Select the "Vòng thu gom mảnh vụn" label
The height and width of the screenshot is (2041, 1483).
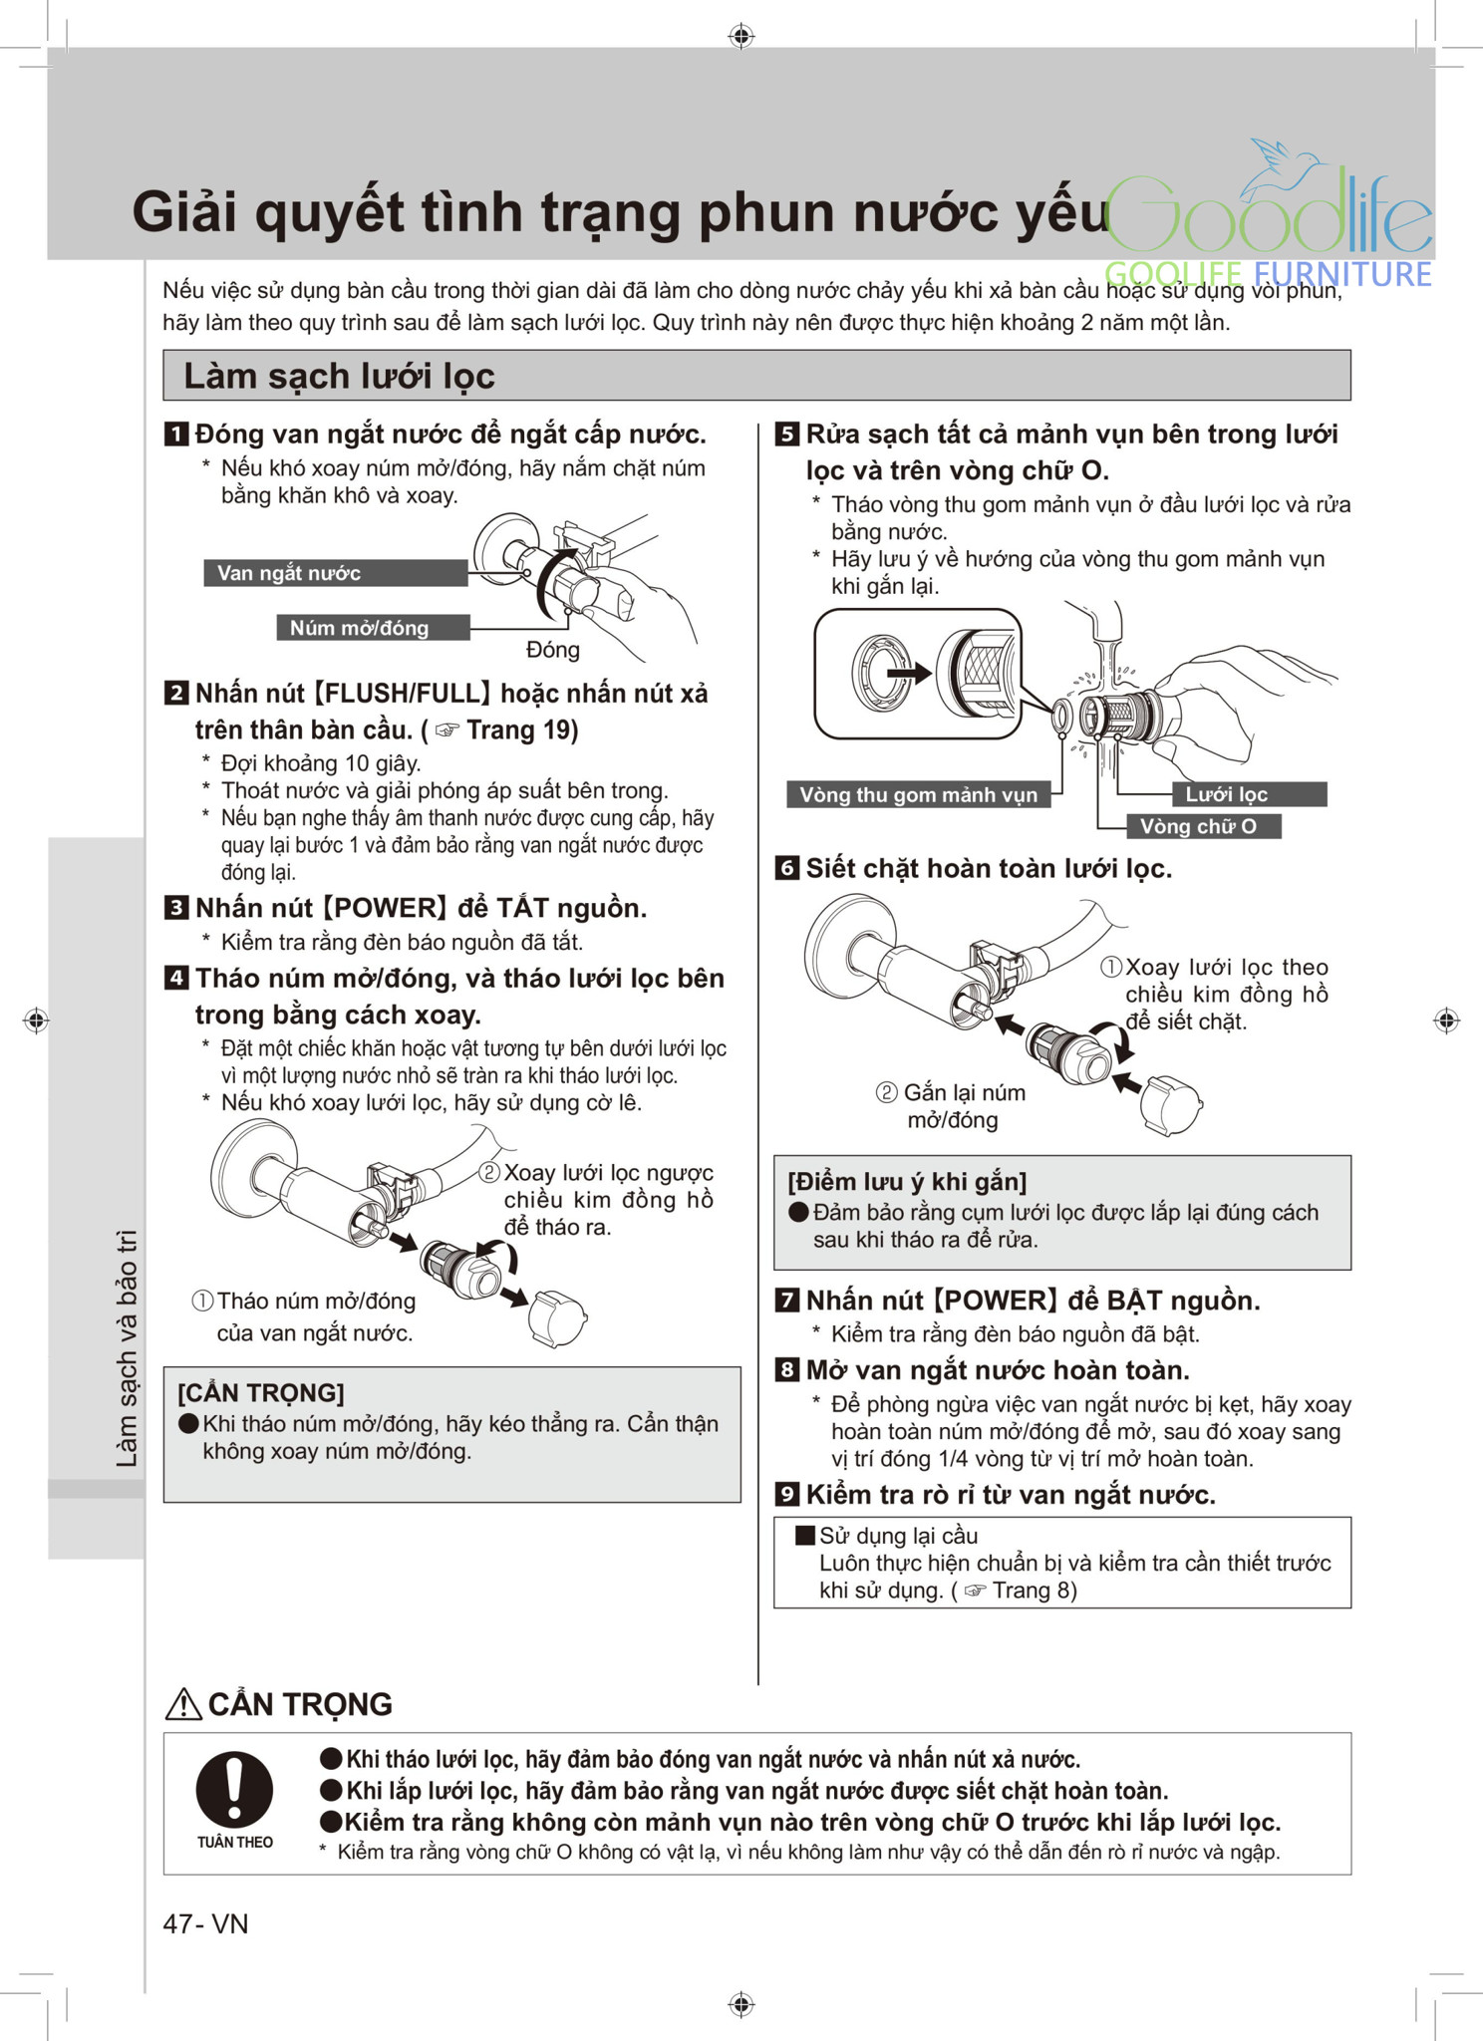918,794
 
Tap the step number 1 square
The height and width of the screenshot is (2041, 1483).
175,435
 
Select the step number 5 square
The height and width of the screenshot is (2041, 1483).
786,435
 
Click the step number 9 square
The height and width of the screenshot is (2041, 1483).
786,1494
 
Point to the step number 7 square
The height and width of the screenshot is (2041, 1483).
786,1300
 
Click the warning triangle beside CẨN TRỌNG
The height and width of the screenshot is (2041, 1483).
183,1705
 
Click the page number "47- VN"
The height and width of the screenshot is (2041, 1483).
205,1923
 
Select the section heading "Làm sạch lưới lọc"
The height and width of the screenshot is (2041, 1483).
339,376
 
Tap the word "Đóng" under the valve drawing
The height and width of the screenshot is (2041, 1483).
553,650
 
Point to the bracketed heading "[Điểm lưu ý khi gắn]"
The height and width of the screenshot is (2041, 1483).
907,1182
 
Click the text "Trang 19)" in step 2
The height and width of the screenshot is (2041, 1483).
522,730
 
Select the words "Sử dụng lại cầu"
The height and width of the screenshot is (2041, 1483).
898,1536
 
